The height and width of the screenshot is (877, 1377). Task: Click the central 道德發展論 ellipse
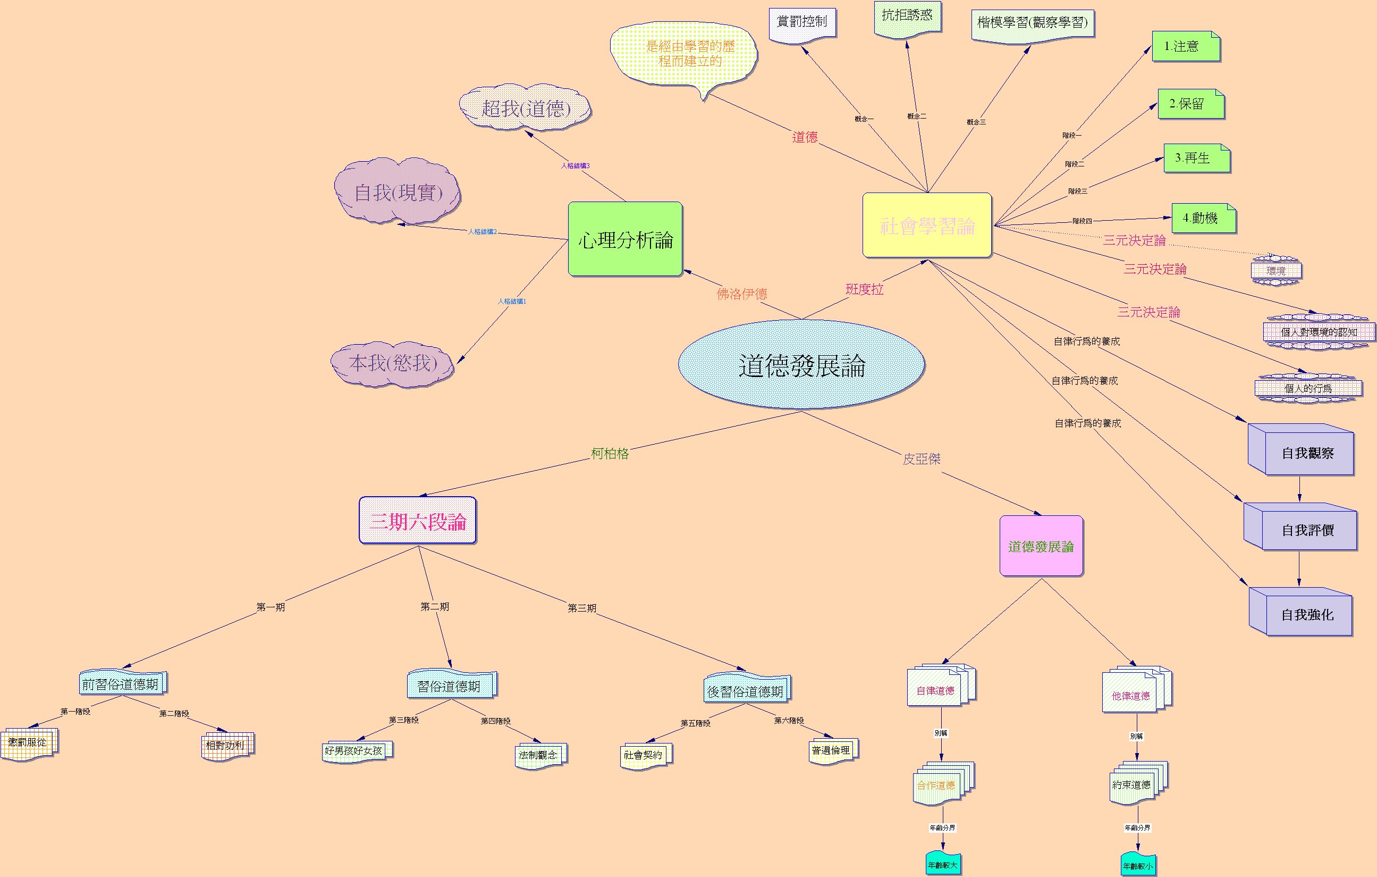pos(801,365)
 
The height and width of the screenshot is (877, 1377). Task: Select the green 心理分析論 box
pos(625,239)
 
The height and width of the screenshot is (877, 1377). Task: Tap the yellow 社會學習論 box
pos(927,225)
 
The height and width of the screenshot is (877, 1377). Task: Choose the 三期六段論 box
pos(417,521)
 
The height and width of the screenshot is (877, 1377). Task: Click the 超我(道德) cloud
pos(526,108)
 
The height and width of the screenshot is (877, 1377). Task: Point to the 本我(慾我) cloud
pos(393,363)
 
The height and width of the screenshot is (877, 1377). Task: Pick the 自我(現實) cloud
pos(398,192)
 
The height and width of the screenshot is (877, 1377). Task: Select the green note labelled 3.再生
pos(1196,158)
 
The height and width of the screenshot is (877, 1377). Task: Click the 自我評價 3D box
pos(1307,530)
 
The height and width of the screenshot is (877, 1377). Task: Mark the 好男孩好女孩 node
pos(353,750)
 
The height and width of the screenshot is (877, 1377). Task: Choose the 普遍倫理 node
pos(831,750)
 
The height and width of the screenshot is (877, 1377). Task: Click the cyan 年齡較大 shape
pos(942,865)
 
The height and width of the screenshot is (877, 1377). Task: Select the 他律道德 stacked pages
pos(1131,695)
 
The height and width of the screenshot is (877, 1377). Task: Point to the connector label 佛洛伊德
pos(742,294)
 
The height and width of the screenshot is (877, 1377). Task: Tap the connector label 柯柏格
pos(610,454)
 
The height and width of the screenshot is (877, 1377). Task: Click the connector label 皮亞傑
pos(921,459)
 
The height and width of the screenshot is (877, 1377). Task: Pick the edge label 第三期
pos(581,608)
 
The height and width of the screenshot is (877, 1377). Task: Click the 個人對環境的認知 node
pos(1319,332)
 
